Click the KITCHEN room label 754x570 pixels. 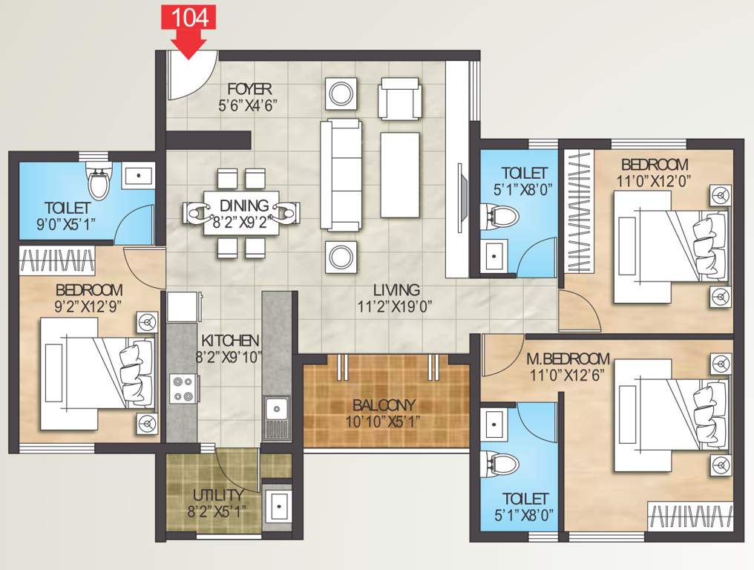(x=229, y=341)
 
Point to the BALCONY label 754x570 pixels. (x=384, y=405)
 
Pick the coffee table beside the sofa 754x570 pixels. (x=400, y=174)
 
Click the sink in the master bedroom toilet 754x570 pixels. (x=494, y=424)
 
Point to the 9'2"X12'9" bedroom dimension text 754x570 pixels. (x=88, y=305)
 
